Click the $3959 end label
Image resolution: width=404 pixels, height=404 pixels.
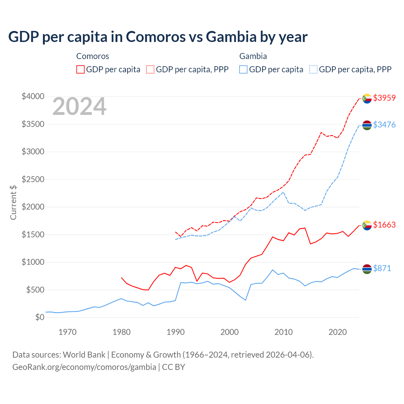click(384, 98)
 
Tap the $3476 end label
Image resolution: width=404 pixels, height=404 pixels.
click(384, 125)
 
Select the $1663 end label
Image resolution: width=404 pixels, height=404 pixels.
click(384, 225)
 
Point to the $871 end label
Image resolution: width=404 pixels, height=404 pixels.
click(382, 268)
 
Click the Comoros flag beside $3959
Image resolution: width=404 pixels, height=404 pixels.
click(367, 98)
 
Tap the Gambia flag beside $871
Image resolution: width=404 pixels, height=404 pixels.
click(367, 269)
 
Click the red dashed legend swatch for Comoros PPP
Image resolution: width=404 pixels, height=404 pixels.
click(150, 69)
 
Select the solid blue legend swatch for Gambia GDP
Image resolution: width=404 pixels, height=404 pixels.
click(243, 69)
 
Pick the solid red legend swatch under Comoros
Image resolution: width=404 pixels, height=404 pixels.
click(80, 69)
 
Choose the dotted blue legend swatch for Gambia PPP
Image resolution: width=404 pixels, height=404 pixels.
click(313, 69)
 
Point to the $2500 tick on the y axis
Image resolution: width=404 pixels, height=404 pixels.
click(33, 179)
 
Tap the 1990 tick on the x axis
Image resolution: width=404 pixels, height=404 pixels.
click(175, 332)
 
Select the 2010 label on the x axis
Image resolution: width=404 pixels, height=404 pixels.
click(283, 332)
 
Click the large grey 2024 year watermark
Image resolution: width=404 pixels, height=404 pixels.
click(79, 107)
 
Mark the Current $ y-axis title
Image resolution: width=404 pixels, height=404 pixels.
click(13, 202)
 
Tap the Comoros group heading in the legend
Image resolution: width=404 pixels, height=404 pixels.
click(92, 56)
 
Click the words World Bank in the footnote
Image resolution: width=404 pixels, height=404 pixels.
click(84, 355)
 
